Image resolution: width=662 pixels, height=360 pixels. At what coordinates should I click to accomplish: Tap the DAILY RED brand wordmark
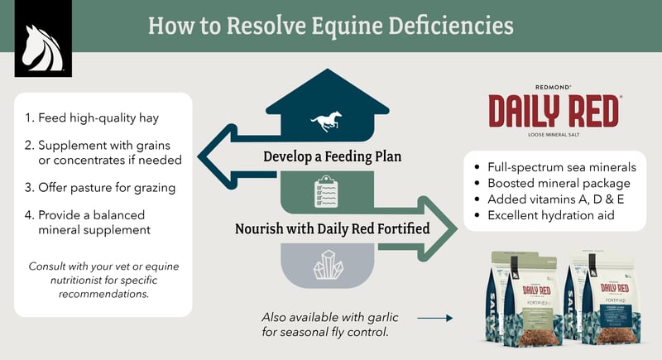554,111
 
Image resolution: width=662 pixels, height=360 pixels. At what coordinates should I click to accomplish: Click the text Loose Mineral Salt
554,134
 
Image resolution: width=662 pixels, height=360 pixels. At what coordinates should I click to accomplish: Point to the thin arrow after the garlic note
434,317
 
